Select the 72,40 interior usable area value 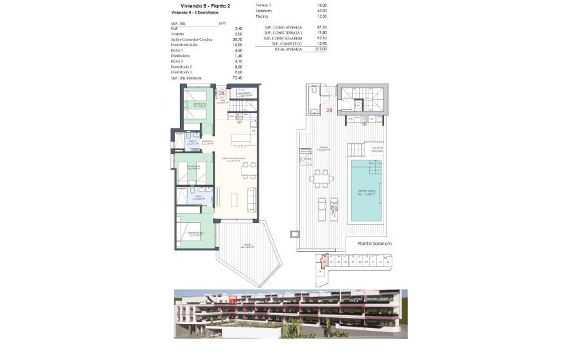click(x=238, y=77)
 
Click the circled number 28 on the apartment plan click(x=221, y=94)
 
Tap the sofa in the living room click(x=253, y=198)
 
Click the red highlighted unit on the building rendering click(x=233, y=300)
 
